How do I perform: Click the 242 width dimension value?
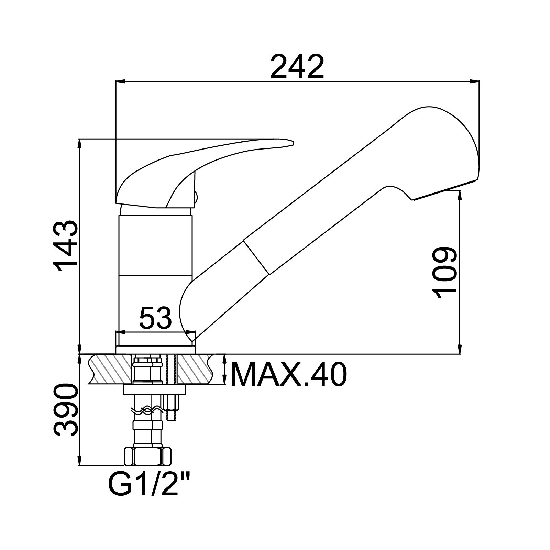[297, 67]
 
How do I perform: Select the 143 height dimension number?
[66, 246]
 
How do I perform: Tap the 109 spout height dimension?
[444, 273]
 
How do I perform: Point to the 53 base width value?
[155, 318]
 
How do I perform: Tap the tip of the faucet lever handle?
[293, 143]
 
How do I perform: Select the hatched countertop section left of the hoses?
[110, 370]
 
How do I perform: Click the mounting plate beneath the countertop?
[154, 389]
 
